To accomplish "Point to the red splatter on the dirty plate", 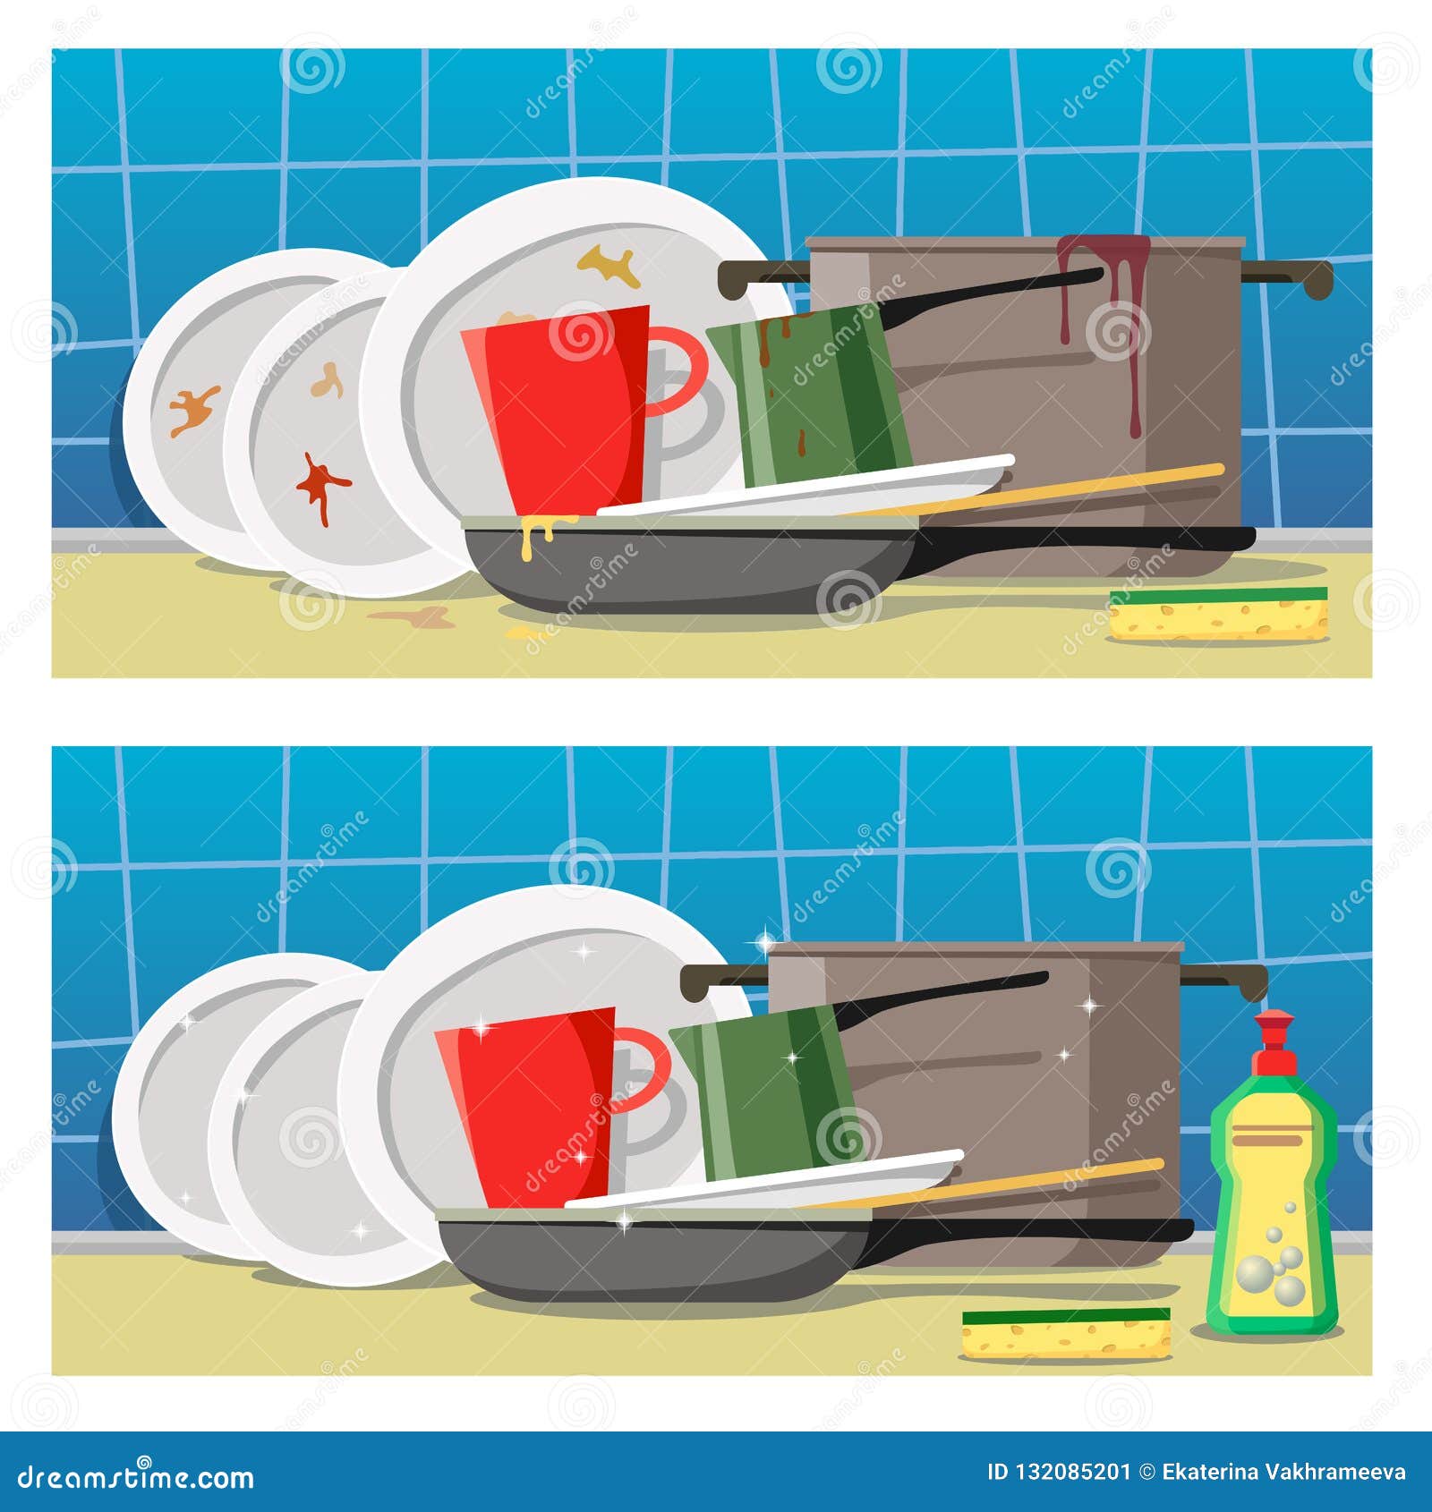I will [x=320, y=483].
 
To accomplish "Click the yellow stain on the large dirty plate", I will [x=610, y=265].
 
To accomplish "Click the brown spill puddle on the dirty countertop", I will [x=412, y=616].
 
